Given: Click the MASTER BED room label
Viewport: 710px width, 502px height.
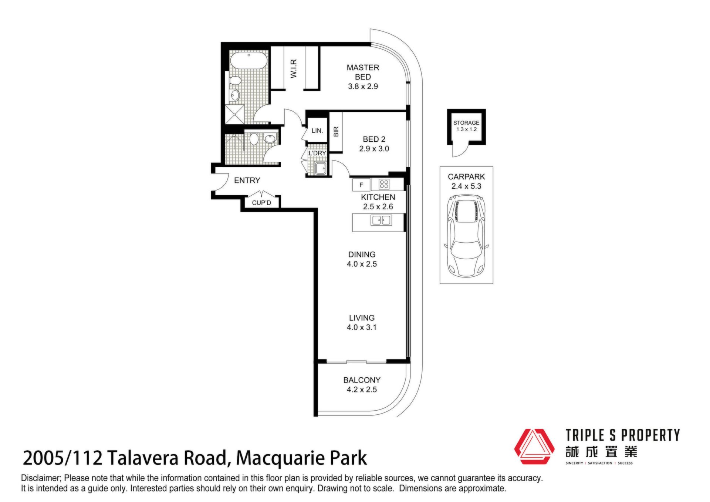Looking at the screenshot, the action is pyautogui.click(x=363, y=72).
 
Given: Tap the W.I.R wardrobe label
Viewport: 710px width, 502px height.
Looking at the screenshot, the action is pyautogui.click(x=294, y=68).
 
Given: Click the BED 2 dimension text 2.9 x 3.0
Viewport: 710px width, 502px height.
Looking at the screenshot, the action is pyautogui.click(x=374, y=149).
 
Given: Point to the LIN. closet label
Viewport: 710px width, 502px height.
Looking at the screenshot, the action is pyautogui.click(x=317, y=131).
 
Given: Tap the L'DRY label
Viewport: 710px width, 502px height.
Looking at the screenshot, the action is pyautogui.click(x=317, y=153).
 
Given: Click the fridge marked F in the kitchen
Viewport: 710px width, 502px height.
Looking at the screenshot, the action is pyautogui.click(x=361, y=185).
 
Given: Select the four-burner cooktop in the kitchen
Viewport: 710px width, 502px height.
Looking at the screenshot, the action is pyautogui.click(x=384, y=184).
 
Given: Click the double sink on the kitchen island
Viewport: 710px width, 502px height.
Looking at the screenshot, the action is pyautogui.click(x=381, y=220).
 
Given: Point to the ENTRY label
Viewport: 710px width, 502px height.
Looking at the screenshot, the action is pyautogui.click(x=247, y=180).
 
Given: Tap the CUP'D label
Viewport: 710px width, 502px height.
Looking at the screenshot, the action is pyautogui.click(x=261, y=203).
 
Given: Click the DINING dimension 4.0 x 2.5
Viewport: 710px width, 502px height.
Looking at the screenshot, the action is pyautogui.click(x=362, y=264).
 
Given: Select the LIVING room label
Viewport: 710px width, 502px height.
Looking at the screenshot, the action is pyautogui.click(x=362, y=318).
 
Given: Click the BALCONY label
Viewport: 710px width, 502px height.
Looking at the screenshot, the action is pyautogui.click(x=362, y=380).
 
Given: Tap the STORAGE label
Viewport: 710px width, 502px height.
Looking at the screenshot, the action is pyautogui.click(x=466, y=123).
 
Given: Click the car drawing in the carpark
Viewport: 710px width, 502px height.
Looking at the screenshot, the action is pyautogui.click(x=466, y=237).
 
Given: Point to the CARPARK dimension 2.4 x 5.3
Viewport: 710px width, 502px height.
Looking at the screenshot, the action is pyautogui.click(x=466, y=186).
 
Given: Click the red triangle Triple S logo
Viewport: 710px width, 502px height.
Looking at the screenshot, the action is pyautogui.click(x=534, y=447).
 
